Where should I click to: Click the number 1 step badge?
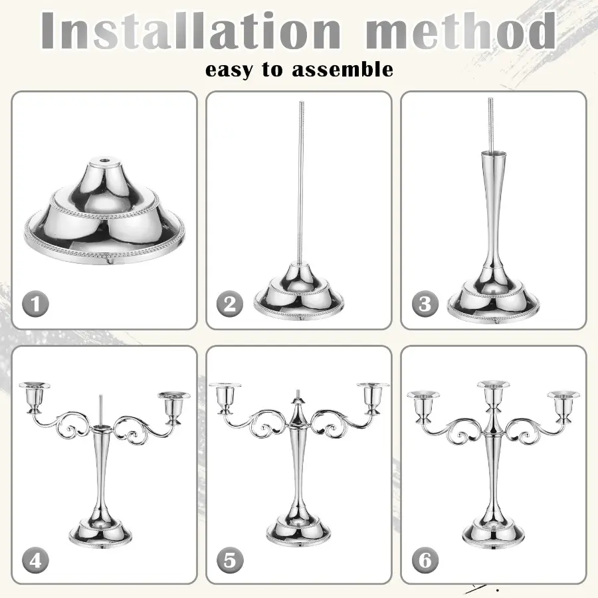35,304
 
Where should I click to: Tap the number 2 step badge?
230,304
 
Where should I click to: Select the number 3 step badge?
425,304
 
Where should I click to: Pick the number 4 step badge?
35,560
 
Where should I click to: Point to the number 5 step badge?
230,560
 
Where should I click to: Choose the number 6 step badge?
425,560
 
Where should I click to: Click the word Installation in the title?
191,31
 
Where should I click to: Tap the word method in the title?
460,31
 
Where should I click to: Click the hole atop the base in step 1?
104,159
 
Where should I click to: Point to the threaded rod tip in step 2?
301,104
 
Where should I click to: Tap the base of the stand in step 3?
493,301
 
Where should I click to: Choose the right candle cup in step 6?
563,407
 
